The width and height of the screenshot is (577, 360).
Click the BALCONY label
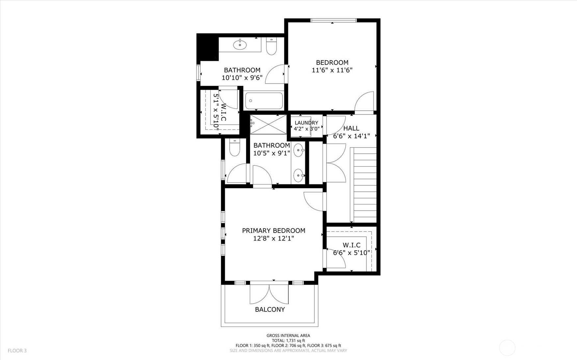click(270, 309)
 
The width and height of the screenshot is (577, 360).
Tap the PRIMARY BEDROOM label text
click(274, 231)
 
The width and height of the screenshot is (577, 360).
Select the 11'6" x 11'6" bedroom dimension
click(332, 70)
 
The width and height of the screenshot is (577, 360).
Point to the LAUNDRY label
click(306, 123)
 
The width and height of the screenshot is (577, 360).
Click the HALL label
click(351, 128)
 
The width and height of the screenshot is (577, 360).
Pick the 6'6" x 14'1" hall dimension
click(352, 136)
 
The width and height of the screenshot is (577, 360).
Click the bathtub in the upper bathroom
click(264, 101)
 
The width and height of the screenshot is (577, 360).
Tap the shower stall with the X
click(268, 124)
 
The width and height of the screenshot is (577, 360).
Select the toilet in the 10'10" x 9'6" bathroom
click(272, 46)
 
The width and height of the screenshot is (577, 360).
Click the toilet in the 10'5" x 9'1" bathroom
click(235, 147)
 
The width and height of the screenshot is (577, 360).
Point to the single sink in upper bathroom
click(240, 44)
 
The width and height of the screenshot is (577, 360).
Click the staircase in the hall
click(363, 185)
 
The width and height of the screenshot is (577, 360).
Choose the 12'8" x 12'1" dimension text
click(274, 238)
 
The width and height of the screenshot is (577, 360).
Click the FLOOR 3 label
click(17, 351)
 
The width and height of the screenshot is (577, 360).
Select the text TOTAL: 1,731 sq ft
click(288, 341)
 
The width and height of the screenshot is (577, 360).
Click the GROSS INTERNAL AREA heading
click(288, 336)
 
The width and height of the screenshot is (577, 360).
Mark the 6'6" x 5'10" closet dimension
click(352, 253)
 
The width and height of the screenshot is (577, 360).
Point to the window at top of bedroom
click(333, 20)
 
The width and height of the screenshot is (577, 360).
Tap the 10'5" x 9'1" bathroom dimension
click(272, 153)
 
